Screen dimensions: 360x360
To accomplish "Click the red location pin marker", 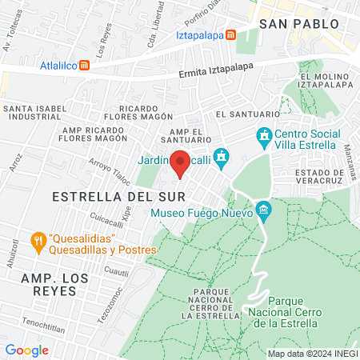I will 180,164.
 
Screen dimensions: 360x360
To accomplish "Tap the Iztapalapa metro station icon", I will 231,35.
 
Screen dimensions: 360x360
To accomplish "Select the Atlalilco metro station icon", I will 83,68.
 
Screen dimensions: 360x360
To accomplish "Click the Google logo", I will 27,350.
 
